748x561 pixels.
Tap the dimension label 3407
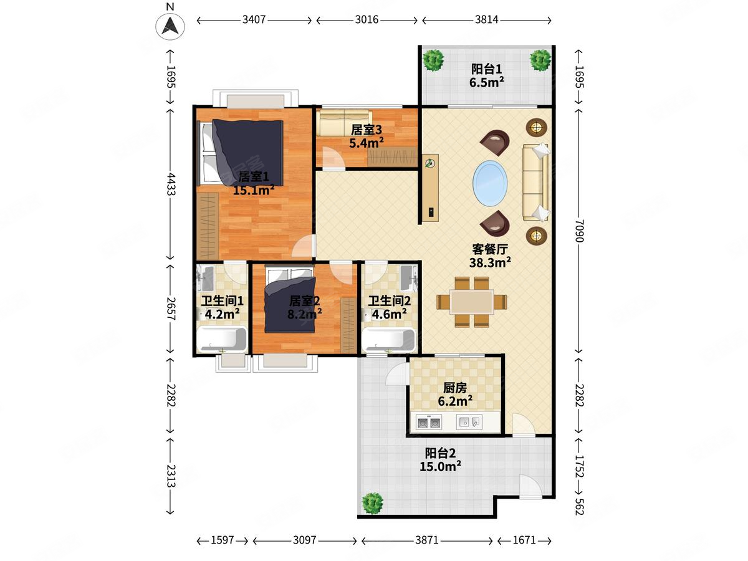tap(254, 20)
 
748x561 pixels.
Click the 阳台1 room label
tap(486, 69)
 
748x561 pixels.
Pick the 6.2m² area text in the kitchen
tap(455, 401)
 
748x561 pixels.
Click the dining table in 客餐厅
tap(472, 302)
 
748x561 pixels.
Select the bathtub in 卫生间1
tap(222, 339)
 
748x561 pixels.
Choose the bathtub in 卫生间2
tap(389, 340)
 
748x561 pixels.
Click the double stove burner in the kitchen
tap(429, 423)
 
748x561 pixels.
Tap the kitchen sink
tap(469, 423)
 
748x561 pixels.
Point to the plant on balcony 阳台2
tap(372, 503)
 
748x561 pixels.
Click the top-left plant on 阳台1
tap(433, 60)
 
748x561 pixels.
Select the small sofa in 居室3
tap(344, 122)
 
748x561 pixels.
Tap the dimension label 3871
tap(426, 540)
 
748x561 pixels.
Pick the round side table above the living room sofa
tap(537, 128)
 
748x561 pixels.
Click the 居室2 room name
tap(304, 301)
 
